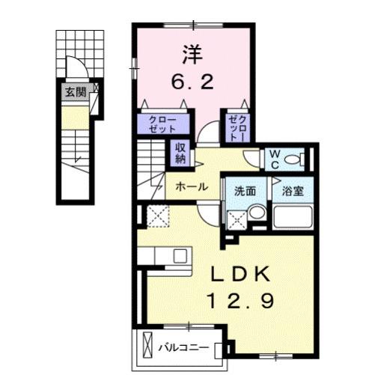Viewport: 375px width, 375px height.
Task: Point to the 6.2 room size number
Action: [195, 82]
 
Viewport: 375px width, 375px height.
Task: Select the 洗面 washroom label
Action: [245, 190]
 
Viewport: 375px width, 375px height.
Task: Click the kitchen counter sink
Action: [180, 255]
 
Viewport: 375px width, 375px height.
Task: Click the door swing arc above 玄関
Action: [74, 67]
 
